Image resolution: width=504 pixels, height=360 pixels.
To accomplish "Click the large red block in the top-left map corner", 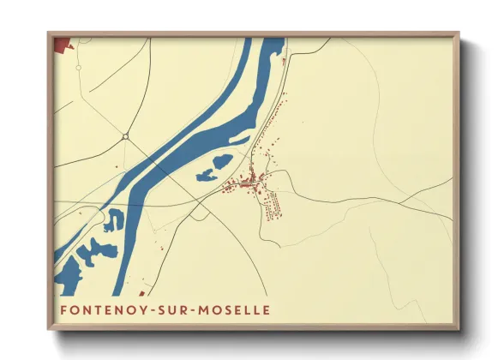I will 63,44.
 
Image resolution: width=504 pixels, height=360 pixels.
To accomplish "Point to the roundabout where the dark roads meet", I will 125,136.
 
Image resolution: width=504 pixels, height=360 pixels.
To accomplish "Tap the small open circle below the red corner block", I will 76,69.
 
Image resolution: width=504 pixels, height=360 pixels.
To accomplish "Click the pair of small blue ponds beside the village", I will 213,169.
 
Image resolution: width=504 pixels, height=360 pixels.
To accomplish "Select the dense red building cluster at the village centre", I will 249,183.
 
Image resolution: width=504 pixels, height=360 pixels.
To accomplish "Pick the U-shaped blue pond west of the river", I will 114,221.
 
